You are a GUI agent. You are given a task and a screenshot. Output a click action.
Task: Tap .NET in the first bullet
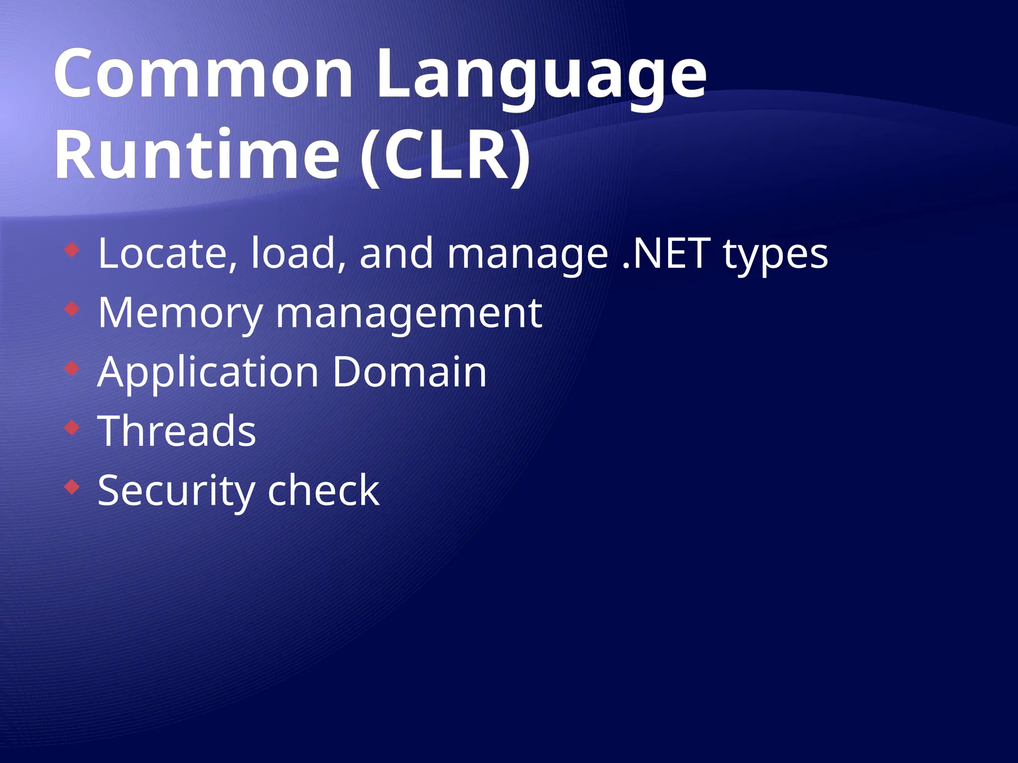pyautogui.click(x=666, y=253)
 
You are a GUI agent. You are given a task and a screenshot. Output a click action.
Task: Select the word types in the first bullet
pyautogui.click(x=775, y=256)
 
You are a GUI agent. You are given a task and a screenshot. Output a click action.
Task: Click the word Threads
pyautogui.click(x=177, y=431)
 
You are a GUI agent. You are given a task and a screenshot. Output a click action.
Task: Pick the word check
pyautogui.click(x=323, y=490)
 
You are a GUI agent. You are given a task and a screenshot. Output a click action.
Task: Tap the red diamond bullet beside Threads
pyautogui.click(x=72, y=427)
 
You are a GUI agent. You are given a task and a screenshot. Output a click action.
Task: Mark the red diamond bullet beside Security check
pyautogui.click(x=72, y=487)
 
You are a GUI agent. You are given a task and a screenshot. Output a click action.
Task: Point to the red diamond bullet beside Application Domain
pyautogui.click(x=72, y=368)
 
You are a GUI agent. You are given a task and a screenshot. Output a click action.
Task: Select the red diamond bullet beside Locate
pyautogui.click(x=72, y=249)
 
